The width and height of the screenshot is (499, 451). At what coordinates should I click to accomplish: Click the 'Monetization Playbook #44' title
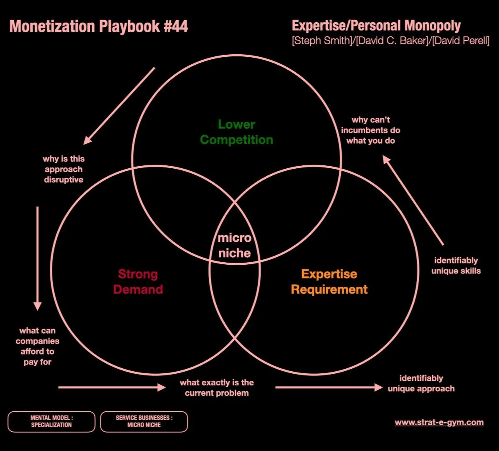coord(99,27)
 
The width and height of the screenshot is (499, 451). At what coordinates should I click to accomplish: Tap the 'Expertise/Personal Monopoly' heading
coord(376,26)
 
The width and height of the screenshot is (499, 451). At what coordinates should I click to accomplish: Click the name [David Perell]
coord(461,41)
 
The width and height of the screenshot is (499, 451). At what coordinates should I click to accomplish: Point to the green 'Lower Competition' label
coord(236,132)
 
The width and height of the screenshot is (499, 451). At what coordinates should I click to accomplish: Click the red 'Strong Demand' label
coord(138,281)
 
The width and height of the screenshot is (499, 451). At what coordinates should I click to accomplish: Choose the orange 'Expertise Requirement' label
coord(329,281)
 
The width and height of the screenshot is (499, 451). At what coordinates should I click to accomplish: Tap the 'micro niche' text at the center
coord(234,246)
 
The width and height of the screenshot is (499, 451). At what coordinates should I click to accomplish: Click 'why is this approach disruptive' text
coord(63,169)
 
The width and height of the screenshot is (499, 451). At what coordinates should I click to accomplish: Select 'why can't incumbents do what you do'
coord(371,130)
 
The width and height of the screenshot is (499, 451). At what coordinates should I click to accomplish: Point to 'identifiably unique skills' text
coord(456,266)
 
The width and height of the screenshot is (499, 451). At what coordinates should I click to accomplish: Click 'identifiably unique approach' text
coord(421,383)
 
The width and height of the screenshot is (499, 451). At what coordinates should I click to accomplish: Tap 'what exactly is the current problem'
coord(217,388)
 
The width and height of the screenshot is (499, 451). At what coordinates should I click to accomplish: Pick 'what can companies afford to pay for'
coord(38,346)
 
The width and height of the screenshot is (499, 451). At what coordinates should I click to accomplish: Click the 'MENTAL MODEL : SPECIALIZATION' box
coord(51,421)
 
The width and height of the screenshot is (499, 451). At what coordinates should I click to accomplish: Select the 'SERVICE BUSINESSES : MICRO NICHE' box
coord(144,421)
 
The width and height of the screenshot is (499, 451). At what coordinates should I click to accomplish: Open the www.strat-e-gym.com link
coord(439,422)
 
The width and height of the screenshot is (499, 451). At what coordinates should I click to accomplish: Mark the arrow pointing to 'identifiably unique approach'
coord(328,388)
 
